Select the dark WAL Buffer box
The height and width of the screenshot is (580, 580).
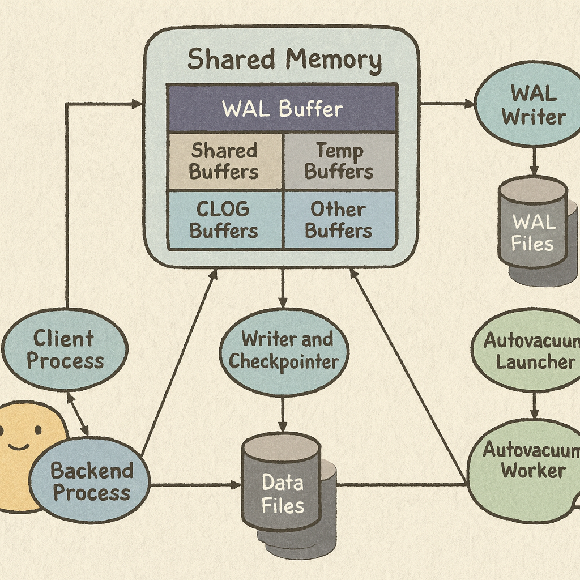[x=282, y=108]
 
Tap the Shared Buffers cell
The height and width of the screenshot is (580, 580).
[x=224, y=161]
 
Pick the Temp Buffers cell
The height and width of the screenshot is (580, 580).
[x=339, y=161]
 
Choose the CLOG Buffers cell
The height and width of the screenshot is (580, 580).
[x=224, y=220]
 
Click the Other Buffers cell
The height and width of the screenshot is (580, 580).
[x=339, y=220]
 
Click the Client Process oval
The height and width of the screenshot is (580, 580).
[x=65, y=349]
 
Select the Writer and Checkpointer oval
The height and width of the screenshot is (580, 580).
[x=284, y=351]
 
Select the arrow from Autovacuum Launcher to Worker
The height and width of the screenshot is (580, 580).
[x=534, y=405]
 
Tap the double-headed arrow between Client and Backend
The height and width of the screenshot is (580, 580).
[x=78, y=413]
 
